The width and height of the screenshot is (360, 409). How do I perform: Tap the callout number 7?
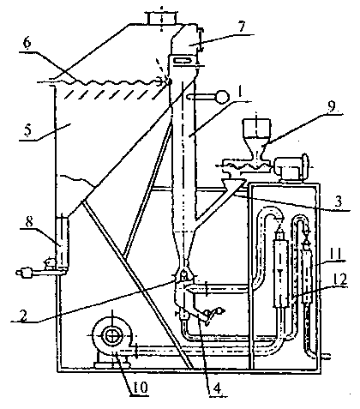point(242,27)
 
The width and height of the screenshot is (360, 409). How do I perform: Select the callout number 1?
point(240,92)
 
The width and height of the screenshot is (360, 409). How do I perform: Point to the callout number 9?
point(331,106)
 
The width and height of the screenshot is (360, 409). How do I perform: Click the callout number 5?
point(27,130)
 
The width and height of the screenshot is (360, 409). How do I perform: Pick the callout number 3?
point(338,201)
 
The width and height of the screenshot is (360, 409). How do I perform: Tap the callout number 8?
point(29,222)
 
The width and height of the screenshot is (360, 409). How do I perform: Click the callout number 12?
point(339,278)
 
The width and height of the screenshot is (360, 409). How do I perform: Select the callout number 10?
point(140,387)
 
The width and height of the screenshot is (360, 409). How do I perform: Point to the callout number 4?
point(217,388)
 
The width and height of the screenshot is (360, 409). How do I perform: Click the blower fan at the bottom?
point(112,336)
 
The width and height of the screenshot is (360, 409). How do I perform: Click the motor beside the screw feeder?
point(291,168)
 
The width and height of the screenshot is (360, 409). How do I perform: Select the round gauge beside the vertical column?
point(222,97)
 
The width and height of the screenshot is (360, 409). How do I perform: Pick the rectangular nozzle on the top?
point(161,18)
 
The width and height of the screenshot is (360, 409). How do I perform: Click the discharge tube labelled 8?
point(62,242)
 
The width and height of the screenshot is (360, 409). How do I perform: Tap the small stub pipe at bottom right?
point(326,357)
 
